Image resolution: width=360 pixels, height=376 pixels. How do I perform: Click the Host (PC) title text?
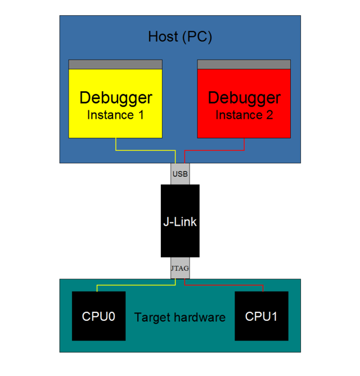click(x=180, y=37)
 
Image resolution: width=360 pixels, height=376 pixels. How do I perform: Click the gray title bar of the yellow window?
click(x=115, y=64)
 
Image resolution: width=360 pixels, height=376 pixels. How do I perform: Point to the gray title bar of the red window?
click(x=244, y=64)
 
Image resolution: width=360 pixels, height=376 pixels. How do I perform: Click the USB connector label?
click(x=180, y=174)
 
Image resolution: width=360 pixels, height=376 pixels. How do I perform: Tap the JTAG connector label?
click(x=180, y=268)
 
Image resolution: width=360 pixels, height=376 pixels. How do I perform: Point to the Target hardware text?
click(x=180, y=317)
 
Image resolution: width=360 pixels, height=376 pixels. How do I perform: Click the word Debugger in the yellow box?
click(x=115, y=98)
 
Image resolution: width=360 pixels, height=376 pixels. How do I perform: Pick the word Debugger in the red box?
click(x=244, y=98)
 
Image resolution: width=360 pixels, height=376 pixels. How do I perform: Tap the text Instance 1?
click(x=115, y=115)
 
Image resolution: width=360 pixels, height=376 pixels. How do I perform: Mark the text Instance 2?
click(x=244, y=115)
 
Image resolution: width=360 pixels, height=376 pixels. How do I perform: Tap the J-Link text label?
click(x=180, y=222)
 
